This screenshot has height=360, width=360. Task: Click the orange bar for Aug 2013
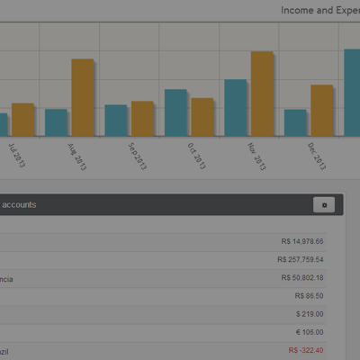(x=83, y=97)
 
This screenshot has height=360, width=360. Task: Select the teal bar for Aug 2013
(x=56, y=122)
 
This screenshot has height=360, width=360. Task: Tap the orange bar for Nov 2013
(x=262, y=94)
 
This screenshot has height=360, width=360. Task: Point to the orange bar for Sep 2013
(x=142, y=118)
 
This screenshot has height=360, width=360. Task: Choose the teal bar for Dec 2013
(x=295, y=122)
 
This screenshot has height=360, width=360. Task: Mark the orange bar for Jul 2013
(x=22, y=119)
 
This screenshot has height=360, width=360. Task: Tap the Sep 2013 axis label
(x=137, y=156)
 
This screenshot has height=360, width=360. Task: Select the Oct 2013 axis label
(x=195, y=155)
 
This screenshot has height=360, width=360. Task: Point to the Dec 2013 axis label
(x=316, y=155)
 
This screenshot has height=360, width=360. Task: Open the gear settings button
(x=324, y=205)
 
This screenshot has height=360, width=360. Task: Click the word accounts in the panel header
(x=19, y=205)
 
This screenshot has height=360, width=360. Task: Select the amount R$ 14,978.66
(x=301, y=241)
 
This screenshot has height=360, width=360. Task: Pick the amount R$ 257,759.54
(x=300, y=259)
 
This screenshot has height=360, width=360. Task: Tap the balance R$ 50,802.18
(x=301, y=278)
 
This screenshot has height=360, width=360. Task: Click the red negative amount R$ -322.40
(x=305, y=350)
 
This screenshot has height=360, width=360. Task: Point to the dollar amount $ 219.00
(x=309, y=314)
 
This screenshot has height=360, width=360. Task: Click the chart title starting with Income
(x=319, y=10)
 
